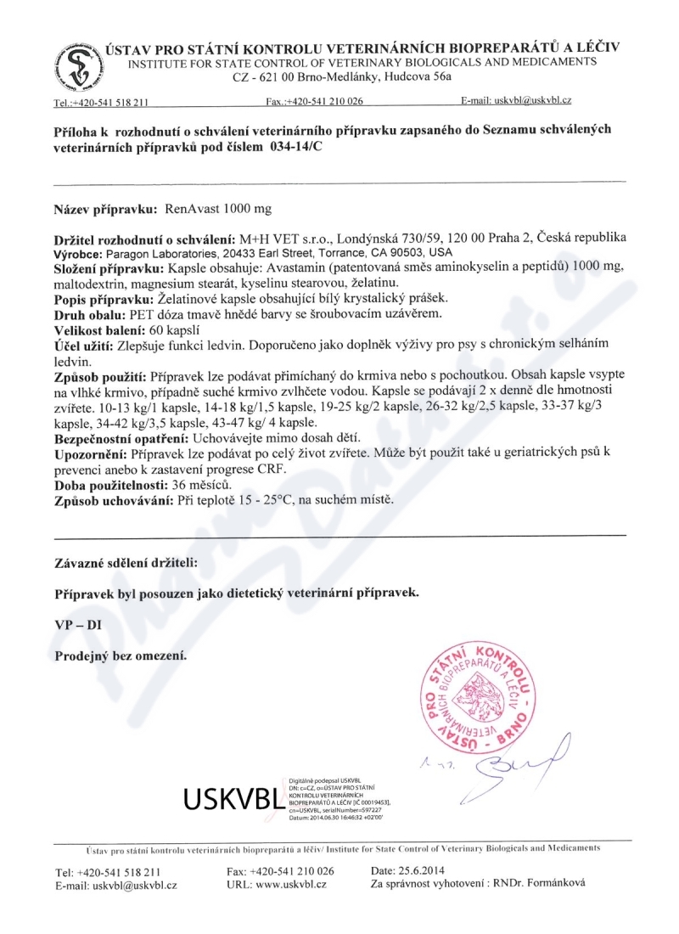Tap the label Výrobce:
pyautogui.click(x=80, y=253)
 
